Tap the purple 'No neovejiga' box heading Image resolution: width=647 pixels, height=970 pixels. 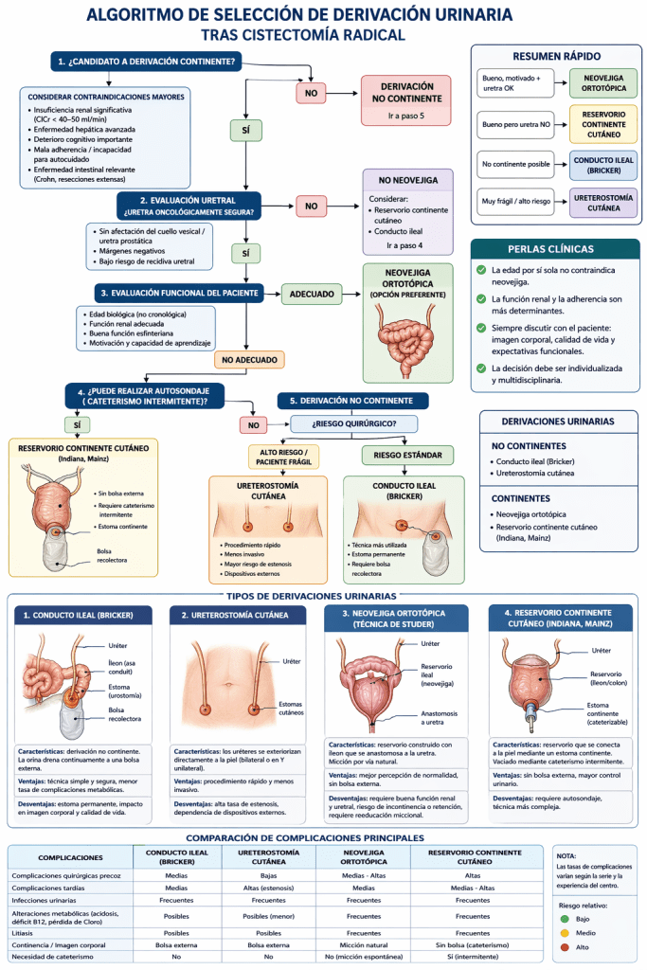click(x=407, y=180)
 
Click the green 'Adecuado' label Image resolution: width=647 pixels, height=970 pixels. click(x=312, y=295)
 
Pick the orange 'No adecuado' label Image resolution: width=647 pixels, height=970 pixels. click(x=249, y=360)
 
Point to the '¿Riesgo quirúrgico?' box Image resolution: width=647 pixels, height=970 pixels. click(x=353, y=423)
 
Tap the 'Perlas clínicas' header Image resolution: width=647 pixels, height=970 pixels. click(x=551, y=249)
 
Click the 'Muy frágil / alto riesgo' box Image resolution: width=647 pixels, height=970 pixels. click(x=514, y=202)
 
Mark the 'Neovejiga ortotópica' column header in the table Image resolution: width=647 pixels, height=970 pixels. click(x=363, y=858)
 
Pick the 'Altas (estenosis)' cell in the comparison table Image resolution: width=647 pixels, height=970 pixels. click(x=268, y=888)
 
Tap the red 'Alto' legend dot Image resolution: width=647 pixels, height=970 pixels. click(x=566, y=947)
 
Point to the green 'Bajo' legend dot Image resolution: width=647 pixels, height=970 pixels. click(x=566, y=919)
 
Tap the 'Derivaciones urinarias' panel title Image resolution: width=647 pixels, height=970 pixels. click(x=557, y=422)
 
